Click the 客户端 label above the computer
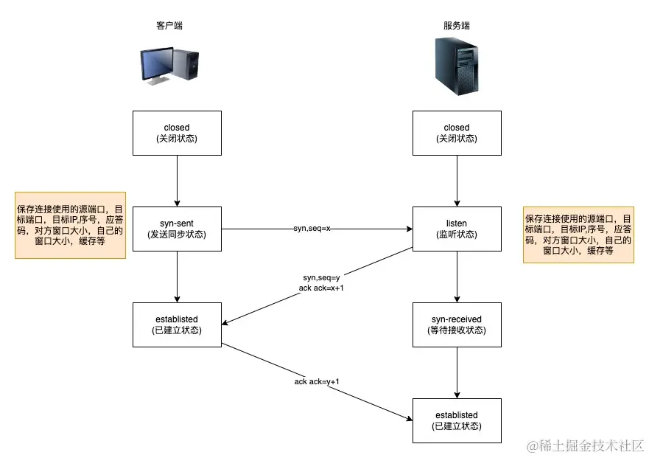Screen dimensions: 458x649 tap(169, 25)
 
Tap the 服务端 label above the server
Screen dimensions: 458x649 tap(457, 25)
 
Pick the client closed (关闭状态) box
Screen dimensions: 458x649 tap(177, 133)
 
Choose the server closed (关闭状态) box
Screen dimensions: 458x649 tap(457, 133)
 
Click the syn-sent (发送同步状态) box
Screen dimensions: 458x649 tap(177, 229)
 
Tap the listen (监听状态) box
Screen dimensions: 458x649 tap(457, 229)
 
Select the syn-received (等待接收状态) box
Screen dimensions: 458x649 tap(457, 325)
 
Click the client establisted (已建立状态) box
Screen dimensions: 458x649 tap(177, 325)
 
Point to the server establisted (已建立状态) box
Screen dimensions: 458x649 tap(457, 420)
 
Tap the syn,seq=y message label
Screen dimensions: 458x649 tap(321, 277)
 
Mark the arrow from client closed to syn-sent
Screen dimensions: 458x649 tap(177, 181)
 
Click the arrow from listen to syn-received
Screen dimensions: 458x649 tap(457, 277)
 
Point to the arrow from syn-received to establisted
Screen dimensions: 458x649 tap(457, 372)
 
